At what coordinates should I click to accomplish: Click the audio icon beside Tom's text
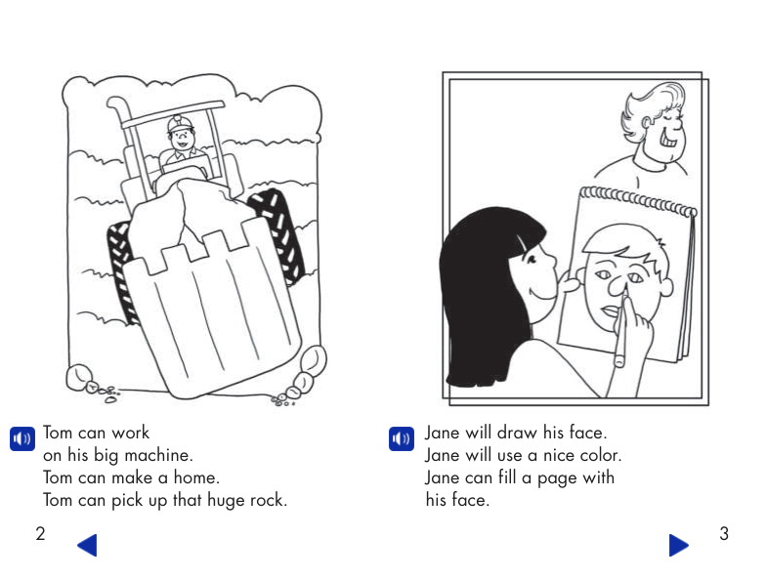click(21, 439)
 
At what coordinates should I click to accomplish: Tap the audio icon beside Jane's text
click(401, 439)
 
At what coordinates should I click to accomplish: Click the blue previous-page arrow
click(87, 545)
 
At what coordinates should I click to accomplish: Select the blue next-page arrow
click(678, 545)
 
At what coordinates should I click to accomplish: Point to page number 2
click(40, 534)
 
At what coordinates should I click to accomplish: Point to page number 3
click(724, 534)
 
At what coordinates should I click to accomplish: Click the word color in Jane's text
click(598, 455)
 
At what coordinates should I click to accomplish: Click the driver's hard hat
click(179, 124)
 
